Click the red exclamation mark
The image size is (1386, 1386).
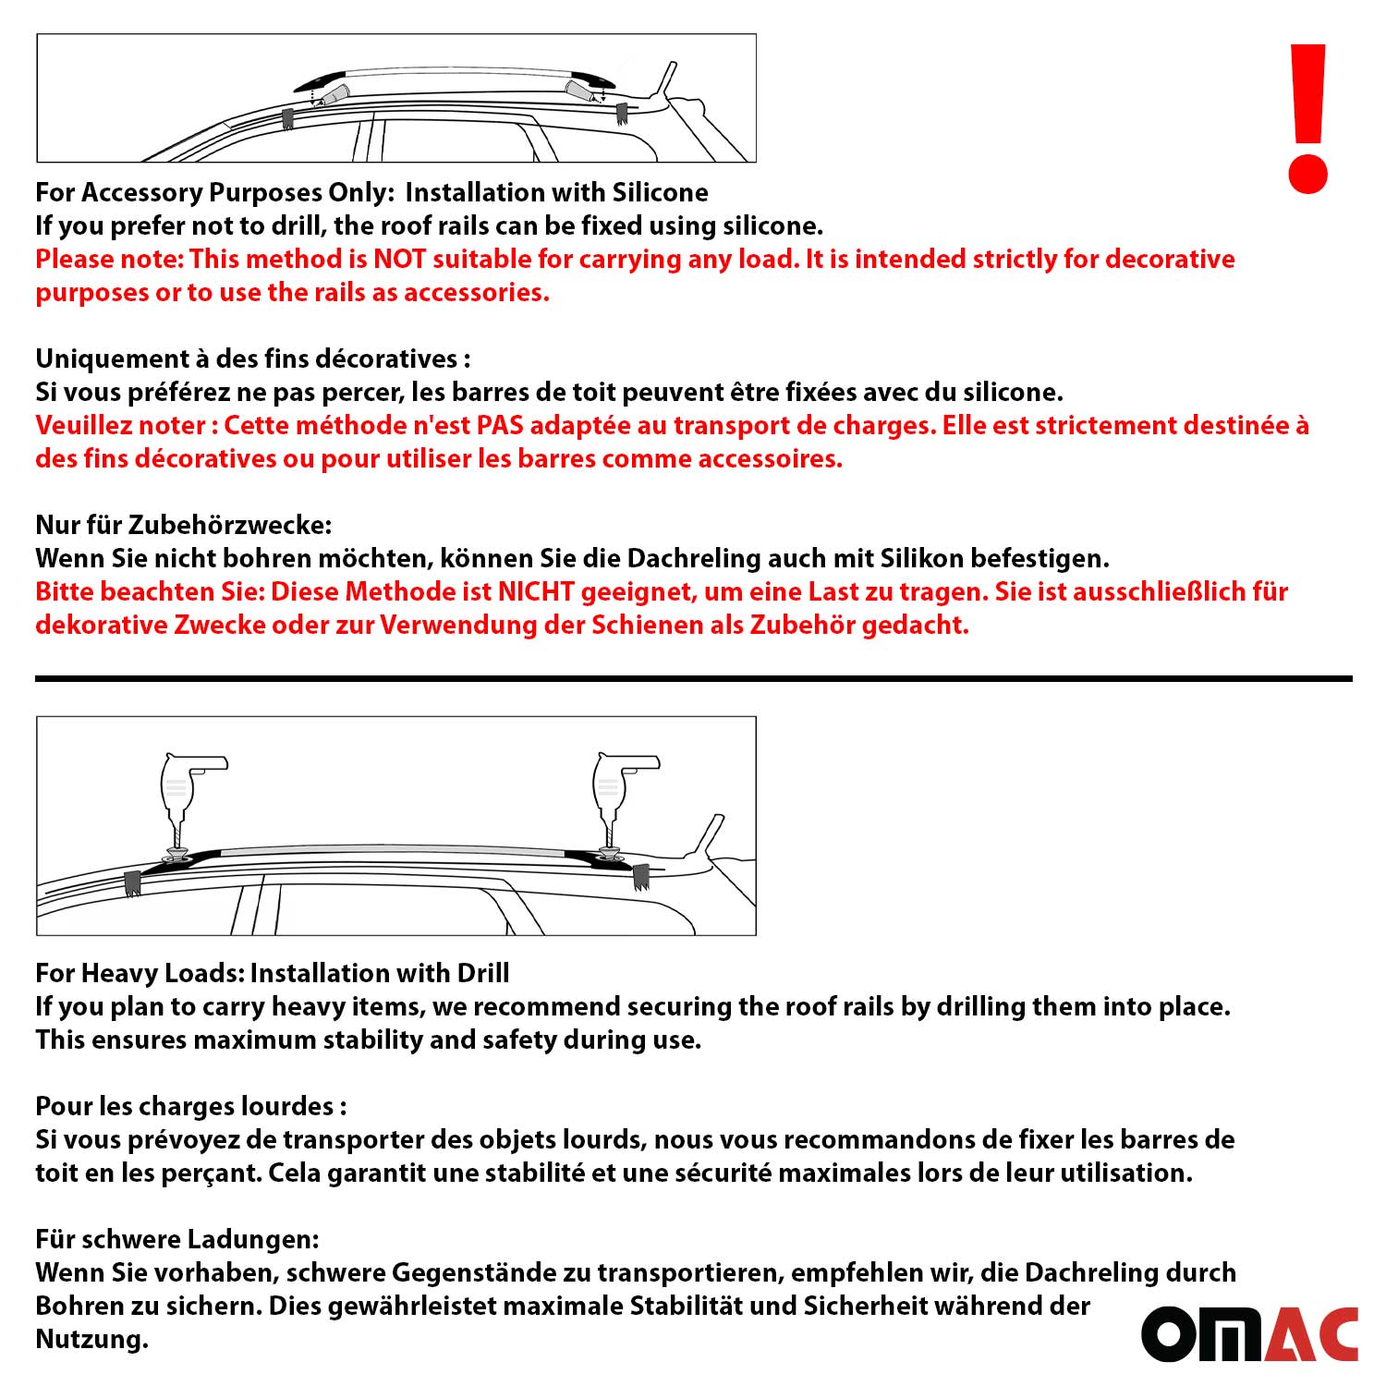point(1307,118)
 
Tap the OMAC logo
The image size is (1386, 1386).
point(1249,1333)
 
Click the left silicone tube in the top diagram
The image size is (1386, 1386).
point(334,95)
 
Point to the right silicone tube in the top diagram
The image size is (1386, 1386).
point(579,91)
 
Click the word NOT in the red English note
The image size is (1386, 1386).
point(399,260)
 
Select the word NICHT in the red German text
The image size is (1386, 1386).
point(536,592)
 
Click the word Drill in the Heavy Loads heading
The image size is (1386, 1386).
point(482,973)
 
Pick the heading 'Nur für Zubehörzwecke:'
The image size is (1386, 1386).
point(183,525)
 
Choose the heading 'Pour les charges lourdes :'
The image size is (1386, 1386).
point(190,1106)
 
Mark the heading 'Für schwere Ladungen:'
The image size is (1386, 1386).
point(177,1239)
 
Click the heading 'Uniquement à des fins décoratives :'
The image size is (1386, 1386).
point(252,359)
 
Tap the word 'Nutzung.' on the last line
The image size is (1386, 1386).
point(91,1339)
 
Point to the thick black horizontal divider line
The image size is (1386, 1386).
point(693,679)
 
